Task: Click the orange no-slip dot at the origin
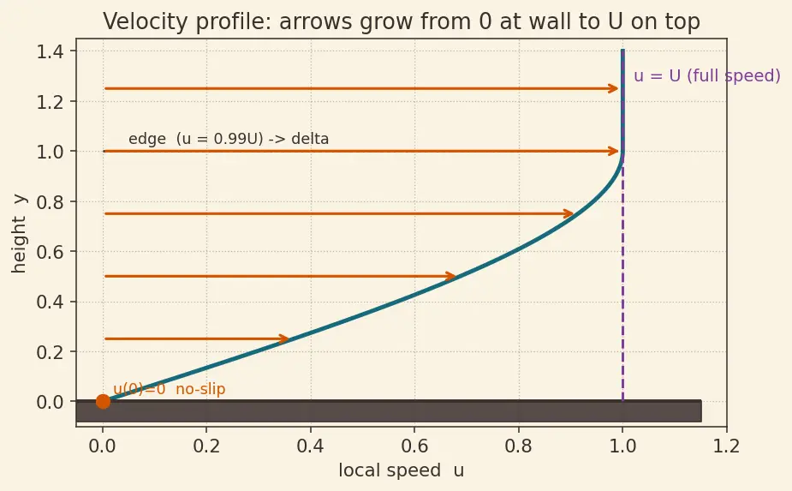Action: (103, 402)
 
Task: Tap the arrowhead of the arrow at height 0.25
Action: (284, 338)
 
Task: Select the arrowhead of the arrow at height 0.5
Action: (451, 276)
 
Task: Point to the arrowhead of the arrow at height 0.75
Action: (569, 214)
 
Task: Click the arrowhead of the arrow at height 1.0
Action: (614, 151)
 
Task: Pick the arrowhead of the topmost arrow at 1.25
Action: (614, 88)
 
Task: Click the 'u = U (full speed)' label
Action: (707, 76)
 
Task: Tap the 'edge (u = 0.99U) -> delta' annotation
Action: (229, 139)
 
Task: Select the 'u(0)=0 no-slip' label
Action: (170, 389)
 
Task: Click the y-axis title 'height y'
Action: (19, 234)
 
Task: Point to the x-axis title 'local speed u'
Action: (401, 470)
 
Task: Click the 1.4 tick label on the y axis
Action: (50, 51)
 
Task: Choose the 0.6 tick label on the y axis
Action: (50, 251)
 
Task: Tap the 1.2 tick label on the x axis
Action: (726, 446)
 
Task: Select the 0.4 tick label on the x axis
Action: (311, 446)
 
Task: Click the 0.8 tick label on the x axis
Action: (519, 446)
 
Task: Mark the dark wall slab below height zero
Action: (389, 411)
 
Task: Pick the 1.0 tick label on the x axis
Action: (622, 446)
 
